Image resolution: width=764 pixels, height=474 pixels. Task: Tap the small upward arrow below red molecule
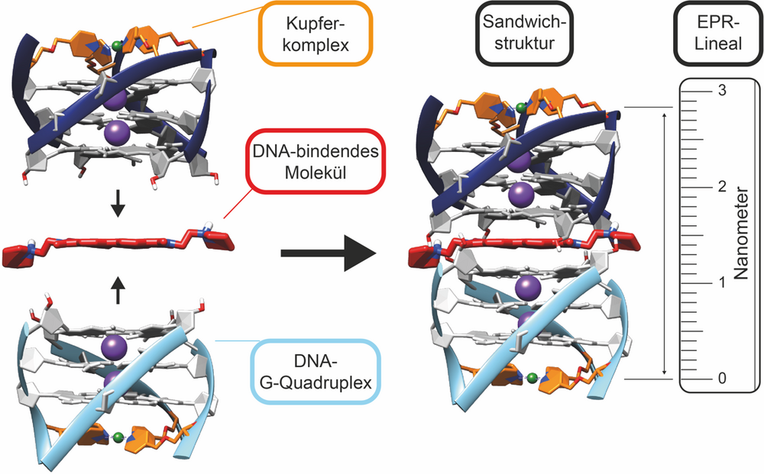(x=117, y=290)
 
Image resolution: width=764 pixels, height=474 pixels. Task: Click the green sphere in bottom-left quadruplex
(x=118, y=438)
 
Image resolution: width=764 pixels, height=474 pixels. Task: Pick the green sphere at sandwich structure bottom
(x=533, y=376)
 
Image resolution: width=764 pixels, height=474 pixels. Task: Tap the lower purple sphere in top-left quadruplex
(x=116, y=133)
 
